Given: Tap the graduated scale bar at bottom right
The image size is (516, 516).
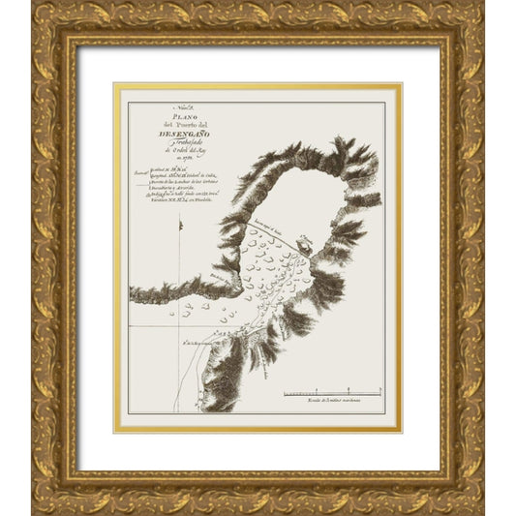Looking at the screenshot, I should [332, 394].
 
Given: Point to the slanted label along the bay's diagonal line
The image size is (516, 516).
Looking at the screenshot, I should [272, 228].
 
